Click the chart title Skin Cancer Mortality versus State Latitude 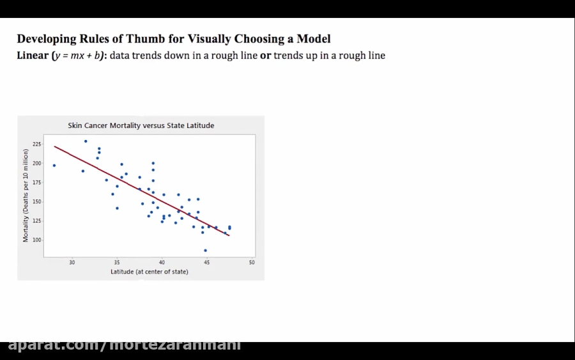[x=141, y=125]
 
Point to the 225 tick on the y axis [x=36, y=144]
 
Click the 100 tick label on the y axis [x=36, y=240]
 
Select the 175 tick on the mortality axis [x=36, y=182]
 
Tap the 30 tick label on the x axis [x=72, y=262]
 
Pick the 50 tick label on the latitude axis [x=252, y=262]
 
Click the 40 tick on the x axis [x=162, y=262]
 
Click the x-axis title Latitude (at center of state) [x=149, y=272]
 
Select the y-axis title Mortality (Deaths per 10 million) [x=26, y=195]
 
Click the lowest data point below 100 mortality [x=205, y=251]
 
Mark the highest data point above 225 [x=86, y=141]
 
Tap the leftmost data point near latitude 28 [x=54, y=166]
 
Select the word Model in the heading [x=314, y=39]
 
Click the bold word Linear [x=33, y=56]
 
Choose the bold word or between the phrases [x=265, y=56]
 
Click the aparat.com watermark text [x=124, y=345]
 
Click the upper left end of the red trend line [x=55, y=146]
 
